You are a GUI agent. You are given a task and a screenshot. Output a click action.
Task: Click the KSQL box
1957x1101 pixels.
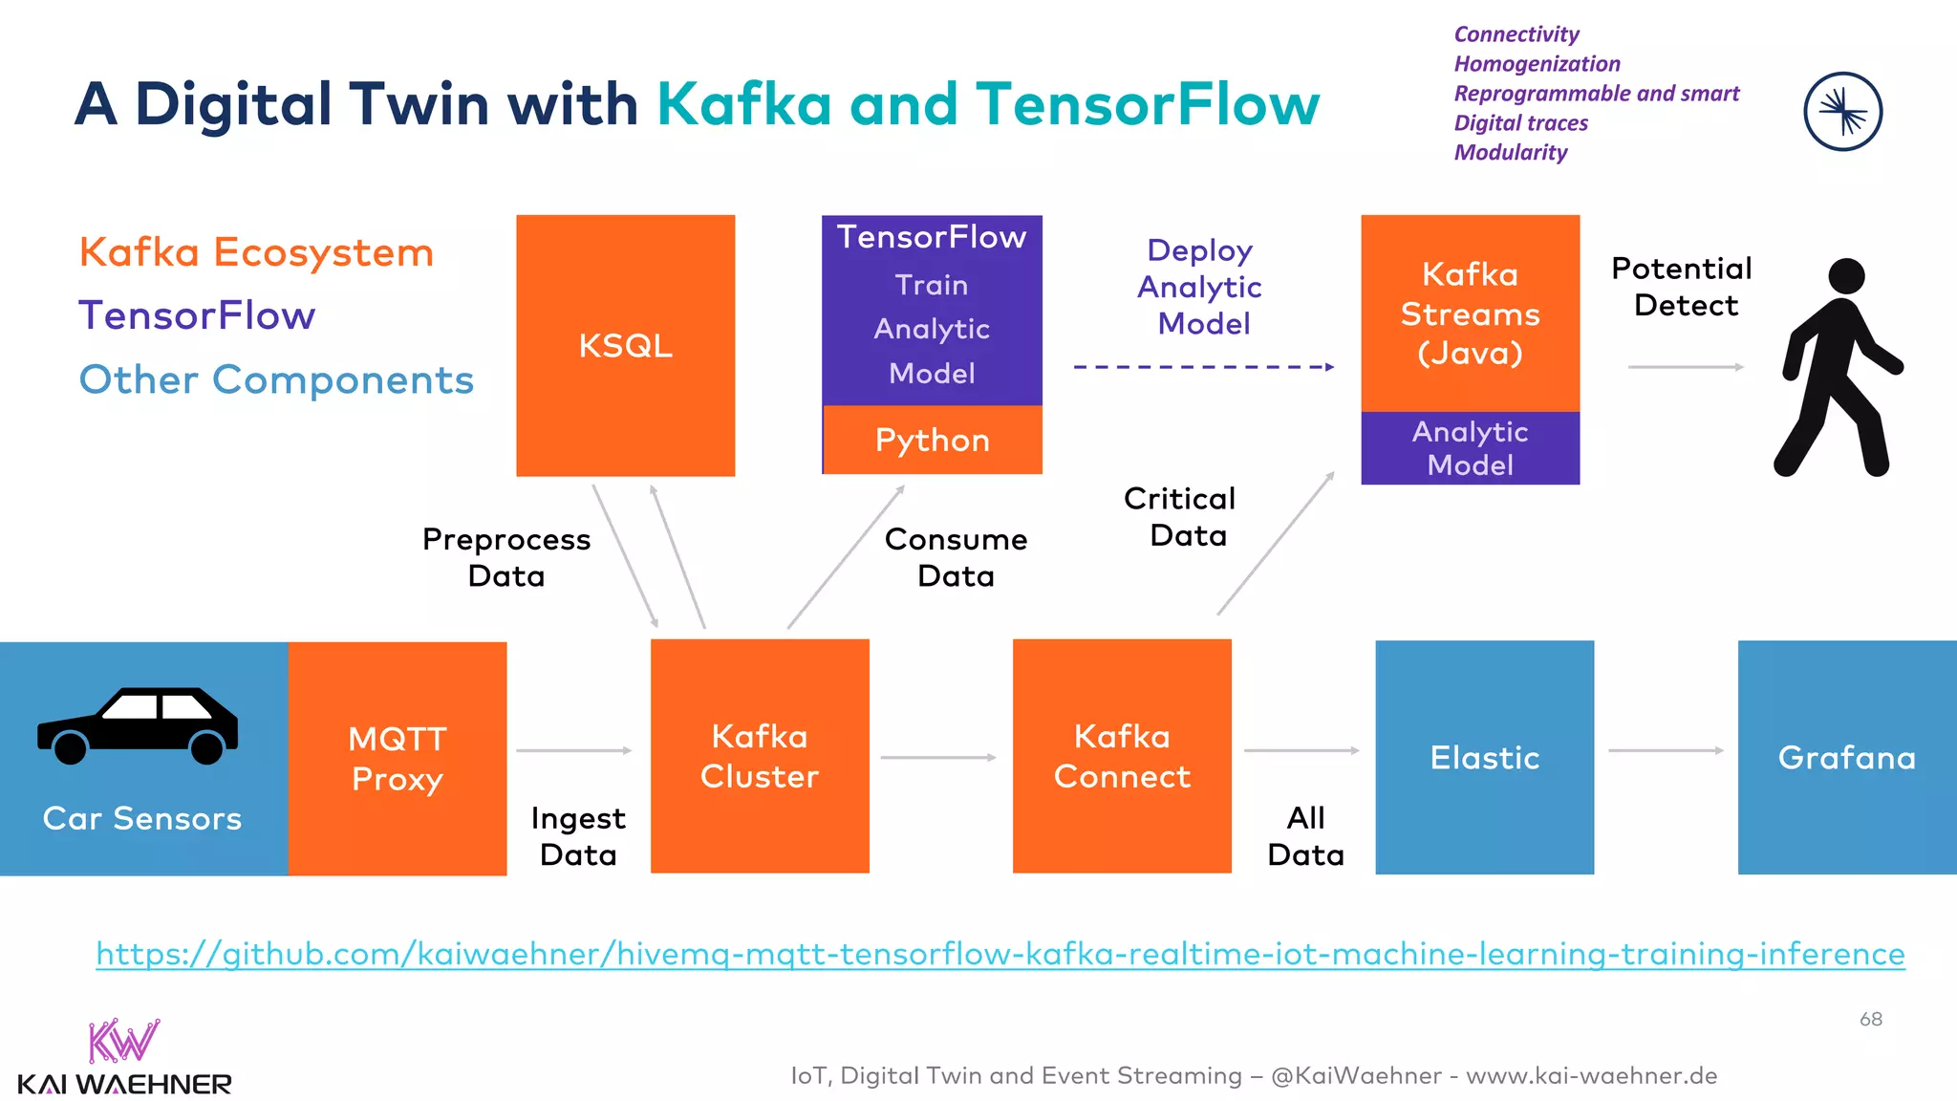click(x=625, y=345)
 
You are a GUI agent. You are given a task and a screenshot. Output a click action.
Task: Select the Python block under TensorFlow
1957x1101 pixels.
click(x=932, y=440)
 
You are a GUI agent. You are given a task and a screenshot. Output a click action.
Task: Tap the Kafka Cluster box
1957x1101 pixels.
click(x=760, y=756)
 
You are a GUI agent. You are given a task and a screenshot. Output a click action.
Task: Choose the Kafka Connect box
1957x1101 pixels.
click(x=1122, y=756)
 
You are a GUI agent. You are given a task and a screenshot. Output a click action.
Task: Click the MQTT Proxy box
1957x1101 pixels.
click(x=398, y=758)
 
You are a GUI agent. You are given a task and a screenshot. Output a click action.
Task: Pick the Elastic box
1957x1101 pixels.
click(x=1484, y=757)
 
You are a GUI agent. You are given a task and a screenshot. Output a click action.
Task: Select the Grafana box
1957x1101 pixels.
click(x=1846, y=757)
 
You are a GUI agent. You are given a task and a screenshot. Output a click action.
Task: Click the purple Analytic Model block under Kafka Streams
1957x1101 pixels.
click(x=1470, y=448)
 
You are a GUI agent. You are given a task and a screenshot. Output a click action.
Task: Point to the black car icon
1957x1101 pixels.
click(x=138, y=725)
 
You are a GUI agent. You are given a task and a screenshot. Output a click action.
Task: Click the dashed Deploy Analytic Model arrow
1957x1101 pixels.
click(x=1203, y=367)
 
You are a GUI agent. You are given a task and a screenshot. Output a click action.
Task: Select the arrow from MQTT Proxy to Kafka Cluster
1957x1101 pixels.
click(x=573, y=751)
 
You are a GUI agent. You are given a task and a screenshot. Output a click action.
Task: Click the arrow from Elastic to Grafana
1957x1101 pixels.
click(x=1666, y=751)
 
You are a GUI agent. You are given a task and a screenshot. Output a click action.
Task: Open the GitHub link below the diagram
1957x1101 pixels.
click(x=1000, y=954)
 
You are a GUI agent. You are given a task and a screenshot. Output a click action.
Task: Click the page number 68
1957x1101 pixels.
click(x=1870, y=1020)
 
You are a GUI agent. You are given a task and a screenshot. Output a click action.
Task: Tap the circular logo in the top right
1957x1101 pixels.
click(x=1842, y=112)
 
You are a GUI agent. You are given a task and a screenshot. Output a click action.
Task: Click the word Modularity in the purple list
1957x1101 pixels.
click(x=1511, y=153)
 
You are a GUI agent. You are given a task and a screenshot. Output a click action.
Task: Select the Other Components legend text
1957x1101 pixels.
click(x=276, y=379)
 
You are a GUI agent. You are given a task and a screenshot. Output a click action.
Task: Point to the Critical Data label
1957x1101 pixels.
click(x=1181, y=517)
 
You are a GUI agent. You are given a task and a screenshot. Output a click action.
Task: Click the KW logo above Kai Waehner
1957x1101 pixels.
click(x=123, y=1041)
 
